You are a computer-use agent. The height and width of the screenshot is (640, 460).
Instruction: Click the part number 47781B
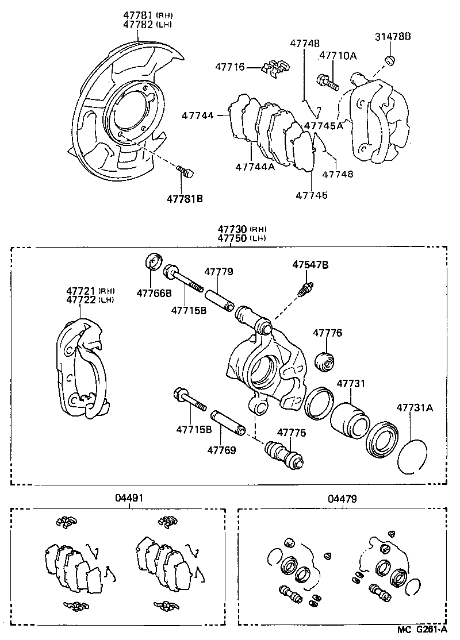[x=185, y=199]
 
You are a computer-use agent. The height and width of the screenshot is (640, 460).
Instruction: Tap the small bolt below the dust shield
[x=185, y=171]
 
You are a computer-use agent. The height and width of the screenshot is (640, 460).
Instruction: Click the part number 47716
[x=231, y=67]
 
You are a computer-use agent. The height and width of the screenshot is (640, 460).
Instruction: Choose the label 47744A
[x=255, y=167]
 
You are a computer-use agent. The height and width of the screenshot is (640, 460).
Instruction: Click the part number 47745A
[x=323, y=126]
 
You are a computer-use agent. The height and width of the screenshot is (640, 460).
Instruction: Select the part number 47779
[x=219, y=271]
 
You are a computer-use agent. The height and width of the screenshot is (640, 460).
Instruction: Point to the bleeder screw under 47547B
[x=305, y=288]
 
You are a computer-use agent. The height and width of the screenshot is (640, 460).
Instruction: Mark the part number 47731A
[x=414, y=408]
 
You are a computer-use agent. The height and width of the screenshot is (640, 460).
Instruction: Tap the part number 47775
[x=292, y=433]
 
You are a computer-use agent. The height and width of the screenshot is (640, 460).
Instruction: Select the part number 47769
[x=221, y=450]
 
